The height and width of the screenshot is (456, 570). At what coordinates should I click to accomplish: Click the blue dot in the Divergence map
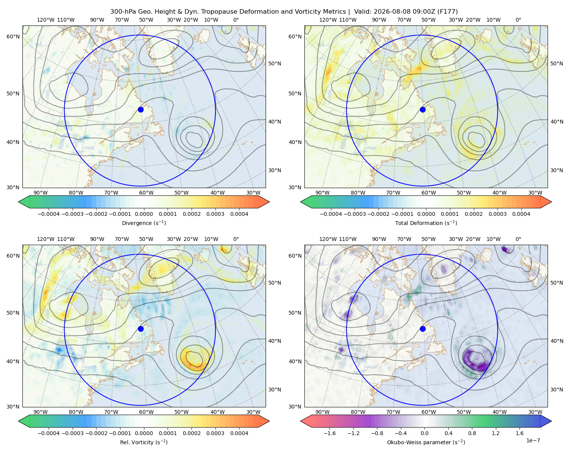click(x=141, y=109)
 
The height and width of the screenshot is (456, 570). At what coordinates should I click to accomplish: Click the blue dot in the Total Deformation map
click(x=423, y=109)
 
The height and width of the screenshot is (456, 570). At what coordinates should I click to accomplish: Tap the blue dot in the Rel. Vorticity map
click(x=141, y=329)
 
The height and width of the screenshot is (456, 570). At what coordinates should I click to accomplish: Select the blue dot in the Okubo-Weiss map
click(x=423, y=329)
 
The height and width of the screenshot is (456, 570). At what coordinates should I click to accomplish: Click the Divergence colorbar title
click(x=144, y=223)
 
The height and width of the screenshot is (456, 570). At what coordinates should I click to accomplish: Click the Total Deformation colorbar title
click(x=426, y=223)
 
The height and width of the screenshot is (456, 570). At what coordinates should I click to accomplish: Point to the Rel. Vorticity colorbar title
click(x=144, y=442)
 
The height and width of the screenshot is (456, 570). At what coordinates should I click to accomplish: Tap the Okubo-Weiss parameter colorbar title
click(x=426, y=442)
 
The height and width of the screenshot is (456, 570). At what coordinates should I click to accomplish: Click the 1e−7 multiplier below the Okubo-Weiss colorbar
click(x=533, y=440)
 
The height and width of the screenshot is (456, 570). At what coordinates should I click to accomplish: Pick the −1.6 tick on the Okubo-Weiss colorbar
click(x=329, y=433)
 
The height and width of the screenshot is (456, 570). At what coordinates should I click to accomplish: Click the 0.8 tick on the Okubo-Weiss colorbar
click(x=472, y=433)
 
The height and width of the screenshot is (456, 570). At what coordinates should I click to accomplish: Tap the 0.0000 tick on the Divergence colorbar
click(x=144, y=214)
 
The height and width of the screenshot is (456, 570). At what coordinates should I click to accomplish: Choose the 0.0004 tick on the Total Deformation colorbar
click(x=521, y=214)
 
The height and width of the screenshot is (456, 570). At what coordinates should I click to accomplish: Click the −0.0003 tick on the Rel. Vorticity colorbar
click(x=72, y=433)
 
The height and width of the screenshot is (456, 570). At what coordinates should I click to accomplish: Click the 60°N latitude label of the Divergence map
click(x=13, y=36)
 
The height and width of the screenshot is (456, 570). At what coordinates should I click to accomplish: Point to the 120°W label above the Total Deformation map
click(x=328, y=20)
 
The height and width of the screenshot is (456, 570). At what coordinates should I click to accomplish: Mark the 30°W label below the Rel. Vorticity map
click(x=253, y=412)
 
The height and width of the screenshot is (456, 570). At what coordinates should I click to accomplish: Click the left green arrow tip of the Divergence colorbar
click(x=19, y=202)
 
